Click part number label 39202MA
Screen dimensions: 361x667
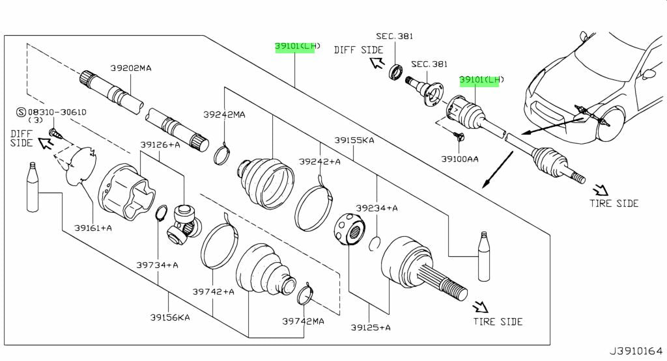tap(130, 68)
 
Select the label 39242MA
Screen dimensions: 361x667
tap(223, 115)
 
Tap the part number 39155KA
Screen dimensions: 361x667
tap(354, 140)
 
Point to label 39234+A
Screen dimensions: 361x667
tap(376, 208)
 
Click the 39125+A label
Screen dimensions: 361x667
tap(369, 327)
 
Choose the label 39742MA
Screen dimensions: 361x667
tap(303, 321)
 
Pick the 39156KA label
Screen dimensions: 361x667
tap(169, 317)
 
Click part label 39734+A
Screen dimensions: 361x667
tap(157, 265)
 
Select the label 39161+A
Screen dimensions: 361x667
tap(92, 228)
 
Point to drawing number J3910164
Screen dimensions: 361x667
tap(636, 351)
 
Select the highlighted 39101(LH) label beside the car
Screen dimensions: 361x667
tap(481, 80)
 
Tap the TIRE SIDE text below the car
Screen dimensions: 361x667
tap(614, 203)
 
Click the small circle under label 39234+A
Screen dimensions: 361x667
tap(375, 244)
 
